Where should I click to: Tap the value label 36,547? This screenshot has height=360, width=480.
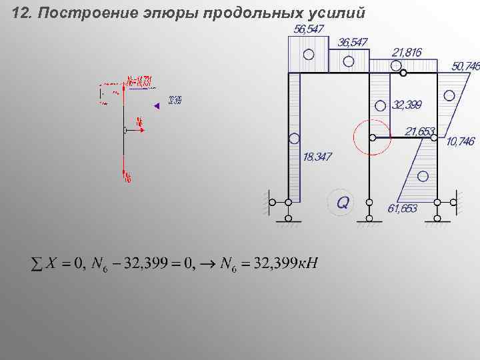tap(353, 42)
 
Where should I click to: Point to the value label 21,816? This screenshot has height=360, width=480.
tap(406, 51)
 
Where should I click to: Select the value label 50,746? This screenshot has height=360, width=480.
tap(465, 66)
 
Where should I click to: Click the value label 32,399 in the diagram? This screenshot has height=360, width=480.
tap(407, 105)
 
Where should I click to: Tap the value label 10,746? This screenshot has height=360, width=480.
tap(461, 141)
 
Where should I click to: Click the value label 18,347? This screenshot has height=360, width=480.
tap(317, 157)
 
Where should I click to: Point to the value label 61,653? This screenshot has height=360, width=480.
tap(402, 208)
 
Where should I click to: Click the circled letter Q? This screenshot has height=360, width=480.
tap(342, 201)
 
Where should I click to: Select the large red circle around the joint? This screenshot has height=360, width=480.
tap(371, 137)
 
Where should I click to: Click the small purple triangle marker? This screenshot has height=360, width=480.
tap(156, 105)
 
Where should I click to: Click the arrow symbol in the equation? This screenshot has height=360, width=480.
tap(208, 264)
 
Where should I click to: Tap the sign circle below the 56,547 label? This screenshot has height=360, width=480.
tap(307, 55)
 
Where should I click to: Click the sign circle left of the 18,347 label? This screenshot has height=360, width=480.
tap(294, 139)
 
